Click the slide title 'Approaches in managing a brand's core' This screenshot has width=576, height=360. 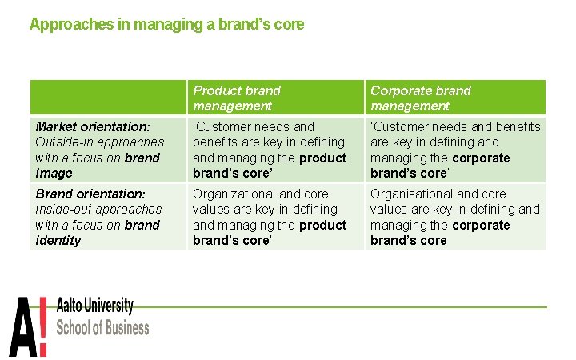[166, 24]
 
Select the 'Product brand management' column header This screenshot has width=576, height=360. [237, 98]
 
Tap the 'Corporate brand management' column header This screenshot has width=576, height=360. [421, 98]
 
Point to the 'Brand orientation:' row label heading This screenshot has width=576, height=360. [90, 194]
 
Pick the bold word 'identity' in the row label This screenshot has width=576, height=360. [58, 240]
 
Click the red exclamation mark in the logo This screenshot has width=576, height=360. [43, 326]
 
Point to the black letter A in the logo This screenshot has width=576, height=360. [23, 326]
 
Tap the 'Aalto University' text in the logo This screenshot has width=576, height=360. [95, 306]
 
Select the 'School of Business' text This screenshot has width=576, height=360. [103, 327]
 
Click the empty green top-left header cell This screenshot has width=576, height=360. [108, 98]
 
